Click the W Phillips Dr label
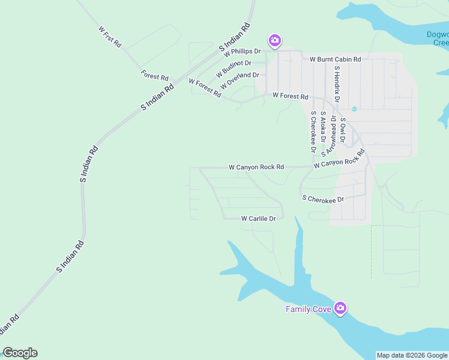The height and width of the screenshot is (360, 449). coord(243,53)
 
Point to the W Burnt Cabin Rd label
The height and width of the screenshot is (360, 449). coord(335,59)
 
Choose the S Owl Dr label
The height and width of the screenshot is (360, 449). coord(342,129)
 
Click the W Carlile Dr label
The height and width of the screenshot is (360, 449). coord(258,219)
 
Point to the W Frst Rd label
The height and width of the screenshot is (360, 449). coord(109,37)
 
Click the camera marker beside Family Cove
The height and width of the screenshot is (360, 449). coord(341,308)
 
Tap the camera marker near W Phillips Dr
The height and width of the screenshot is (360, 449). coord(274,40)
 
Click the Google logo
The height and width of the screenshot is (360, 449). coord(20,353)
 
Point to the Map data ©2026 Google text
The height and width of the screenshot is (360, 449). coord(411,355)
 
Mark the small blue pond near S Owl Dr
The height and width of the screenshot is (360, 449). coord(354,109)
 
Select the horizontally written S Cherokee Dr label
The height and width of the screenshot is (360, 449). coord(323,199)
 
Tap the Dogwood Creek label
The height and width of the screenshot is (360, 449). coord(437,39)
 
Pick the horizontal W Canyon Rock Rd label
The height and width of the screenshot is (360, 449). coord(256,167)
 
